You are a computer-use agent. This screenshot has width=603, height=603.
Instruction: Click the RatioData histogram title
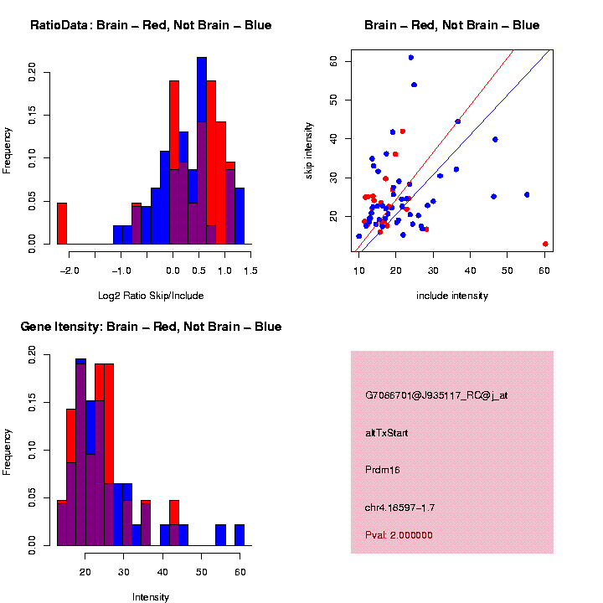(151, 25)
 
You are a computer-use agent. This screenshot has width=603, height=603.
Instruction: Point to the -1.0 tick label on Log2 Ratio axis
(121, 271)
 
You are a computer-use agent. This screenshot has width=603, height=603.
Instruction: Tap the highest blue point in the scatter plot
(410, 58)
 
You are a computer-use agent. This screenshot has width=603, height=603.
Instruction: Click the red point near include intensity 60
(545, 244)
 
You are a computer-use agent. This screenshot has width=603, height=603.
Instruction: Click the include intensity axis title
(452, 295)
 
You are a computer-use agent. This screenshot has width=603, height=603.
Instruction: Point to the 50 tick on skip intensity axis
(332, 99)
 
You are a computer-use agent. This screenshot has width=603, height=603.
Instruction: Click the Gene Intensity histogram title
(151, 327)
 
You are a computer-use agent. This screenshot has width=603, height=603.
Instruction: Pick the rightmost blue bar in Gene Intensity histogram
(240, 535)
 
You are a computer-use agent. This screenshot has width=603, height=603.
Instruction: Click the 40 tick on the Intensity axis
(162, 572)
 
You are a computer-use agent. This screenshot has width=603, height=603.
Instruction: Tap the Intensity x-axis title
(151, 597)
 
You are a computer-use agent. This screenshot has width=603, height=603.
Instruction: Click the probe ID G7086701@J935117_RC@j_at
(436, 395)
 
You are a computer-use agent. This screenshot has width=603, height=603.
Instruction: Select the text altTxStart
(387, 433)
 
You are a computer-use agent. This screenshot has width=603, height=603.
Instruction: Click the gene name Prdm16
(383, 470)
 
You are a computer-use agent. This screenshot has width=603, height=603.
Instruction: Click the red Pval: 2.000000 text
(399, 535)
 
